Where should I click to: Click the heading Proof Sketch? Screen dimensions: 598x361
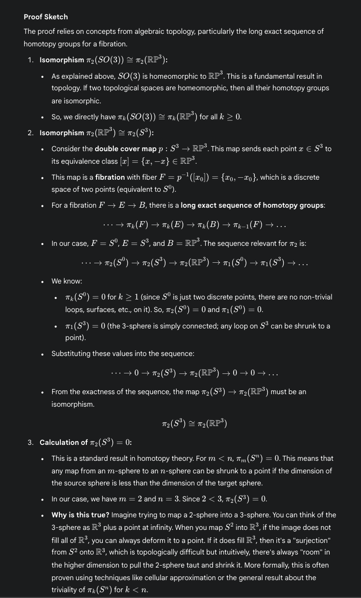(46, 17)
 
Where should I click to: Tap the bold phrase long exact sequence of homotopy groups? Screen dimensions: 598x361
(252, 205)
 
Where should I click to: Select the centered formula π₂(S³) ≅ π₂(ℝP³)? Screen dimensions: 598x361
(194, 424)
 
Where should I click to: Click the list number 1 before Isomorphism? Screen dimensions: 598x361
(30, 60)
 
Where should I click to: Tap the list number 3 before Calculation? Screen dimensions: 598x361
(30, 442)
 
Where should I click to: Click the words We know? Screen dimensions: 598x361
(67, 281)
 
